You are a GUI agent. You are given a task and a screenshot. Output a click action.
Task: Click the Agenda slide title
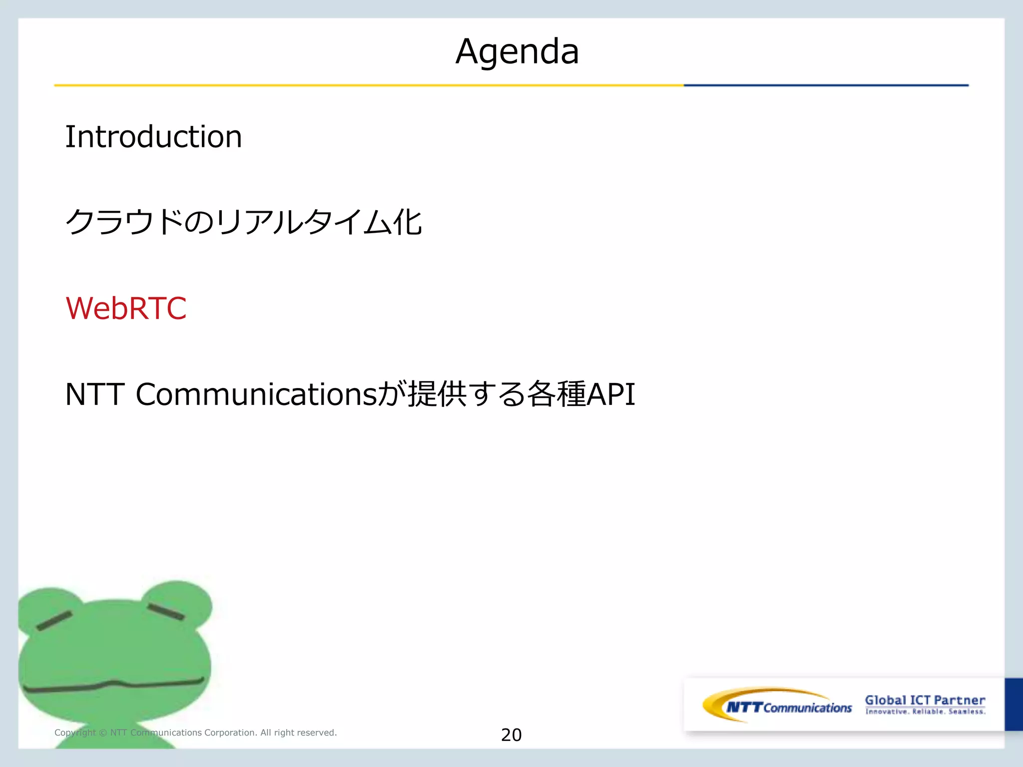(517, 52)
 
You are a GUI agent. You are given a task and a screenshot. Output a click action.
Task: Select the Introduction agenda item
(153, 137)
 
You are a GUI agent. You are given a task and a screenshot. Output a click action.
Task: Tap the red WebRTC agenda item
(126, 308)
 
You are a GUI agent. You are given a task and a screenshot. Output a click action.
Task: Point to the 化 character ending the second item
(408, 222)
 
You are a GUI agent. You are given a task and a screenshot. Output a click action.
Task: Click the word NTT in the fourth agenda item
(94, 394)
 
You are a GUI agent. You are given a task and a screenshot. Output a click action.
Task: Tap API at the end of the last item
(610, 394)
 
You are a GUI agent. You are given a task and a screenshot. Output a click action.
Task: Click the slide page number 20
(511, 735)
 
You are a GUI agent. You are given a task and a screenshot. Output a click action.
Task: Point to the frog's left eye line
(54, 621)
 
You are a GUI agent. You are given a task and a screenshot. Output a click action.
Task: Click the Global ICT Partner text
(925, 700)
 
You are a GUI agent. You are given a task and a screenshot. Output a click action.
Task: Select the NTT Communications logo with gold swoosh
(777, 706)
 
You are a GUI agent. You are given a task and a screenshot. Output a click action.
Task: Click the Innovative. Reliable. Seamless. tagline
(925, 712)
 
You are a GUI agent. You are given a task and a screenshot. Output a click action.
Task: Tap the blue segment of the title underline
(825, 85)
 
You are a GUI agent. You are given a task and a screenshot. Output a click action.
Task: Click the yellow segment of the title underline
(369, 85)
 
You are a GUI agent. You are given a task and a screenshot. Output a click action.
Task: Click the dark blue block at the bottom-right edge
(1014, 704)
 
